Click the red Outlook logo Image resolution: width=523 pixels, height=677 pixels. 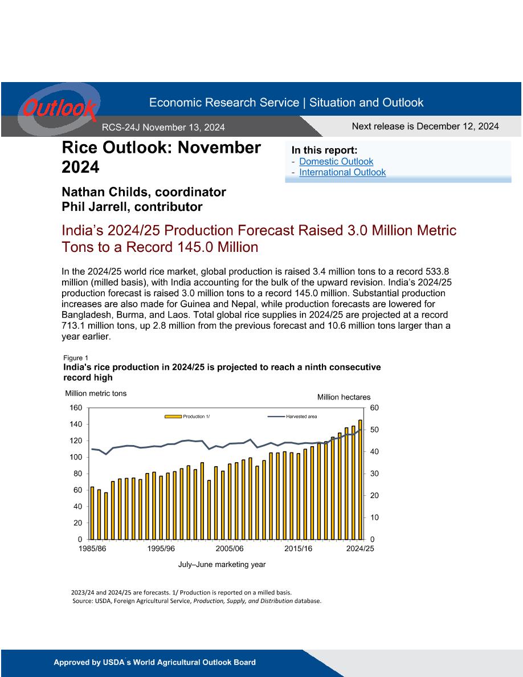pyautogui.click(x=59, y=108)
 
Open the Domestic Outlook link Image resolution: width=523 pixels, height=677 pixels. pyautogui.click(x=336, y=161)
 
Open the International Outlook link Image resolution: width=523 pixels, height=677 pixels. pyautogui.click(x=342, y=172)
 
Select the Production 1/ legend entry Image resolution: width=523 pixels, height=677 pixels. pyautogui.click(x=187, y=417)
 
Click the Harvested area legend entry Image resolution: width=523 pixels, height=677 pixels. pyautogui.click(x=292, y=417)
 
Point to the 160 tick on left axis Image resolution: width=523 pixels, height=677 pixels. pyautogui.click(x=76, y=407)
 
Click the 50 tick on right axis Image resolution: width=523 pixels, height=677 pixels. pyautogui.click(x=374, y=430)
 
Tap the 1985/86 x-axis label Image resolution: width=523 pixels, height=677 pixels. pyautogui.click(x=92, y=549)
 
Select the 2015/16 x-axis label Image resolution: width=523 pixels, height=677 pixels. pyautogui.click(x=298, y=549)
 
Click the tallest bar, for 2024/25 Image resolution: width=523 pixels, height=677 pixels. pyautogui.click(x=360, y=480)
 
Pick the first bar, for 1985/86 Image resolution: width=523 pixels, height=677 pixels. pyautogui.click(x=92, y=513)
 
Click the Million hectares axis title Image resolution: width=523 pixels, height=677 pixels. pyautogui.click(x=344, y=397)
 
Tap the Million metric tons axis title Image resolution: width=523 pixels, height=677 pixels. pyautogui.click(x=96, y=393)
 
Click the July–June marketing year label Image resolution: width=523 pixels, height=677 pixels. pyautogui.click(x=222, y=564)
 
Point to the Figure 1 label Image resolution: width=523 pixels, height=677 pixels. pyautogui.click(x=76, y=358)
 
